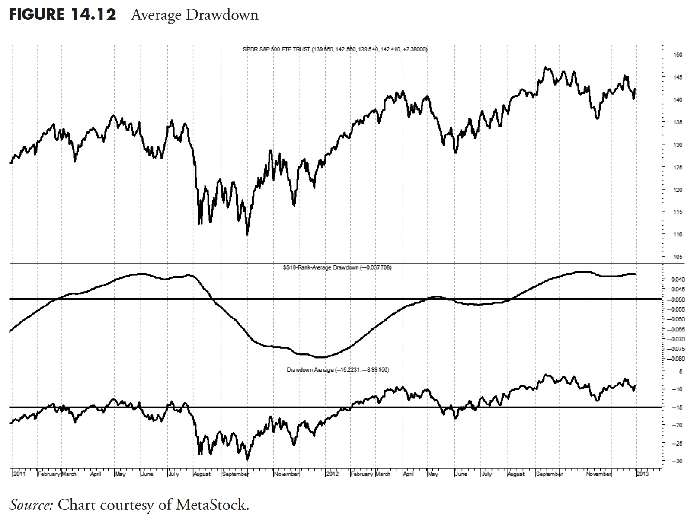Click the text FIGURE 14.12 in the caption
(62, 15)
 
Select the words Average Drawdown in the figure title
(194, 15)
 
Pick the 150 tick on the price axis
(677, 55)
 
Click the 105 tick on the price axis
(677, 257)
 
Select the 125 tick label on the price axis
(677, 167)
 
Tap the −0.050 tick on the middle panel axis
(675, 299)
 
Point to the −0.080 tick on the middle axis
(675, 359)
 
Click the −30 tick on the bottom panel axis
(677, 462)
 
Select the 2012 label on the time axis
(332, 474)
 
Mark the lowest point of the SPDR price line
(247, 234)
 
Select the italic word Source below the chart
(30, 505)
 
